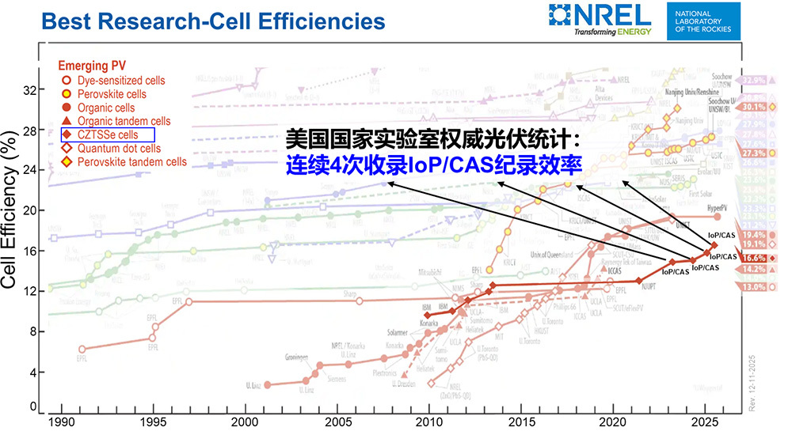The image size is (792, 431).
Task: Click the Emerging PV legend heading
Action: [93, 66]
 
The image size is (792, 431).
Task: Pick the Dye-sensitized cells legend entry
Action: [116, 80]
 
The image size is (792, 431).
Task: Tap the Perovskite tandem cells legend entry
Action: [124, 161]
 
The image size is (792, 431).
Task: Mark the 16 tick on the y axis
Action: [29, 251]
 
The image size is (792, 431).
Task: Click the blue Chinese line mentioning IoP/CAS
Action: [434, 165]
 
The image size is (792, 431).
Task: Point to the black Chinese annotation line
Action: [434, 141]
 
